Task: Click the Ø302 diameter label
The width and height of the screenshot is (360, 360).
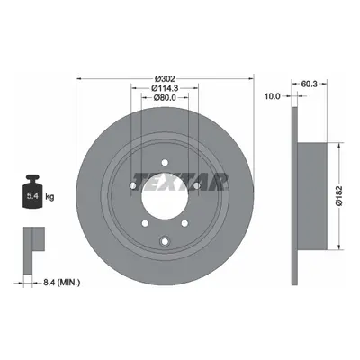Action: (165, 79)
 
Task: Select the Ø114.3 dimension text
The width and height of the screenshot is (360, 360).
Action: (165, 88)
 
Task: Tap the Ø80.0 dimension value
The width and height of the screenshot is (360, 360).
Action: (165, 97)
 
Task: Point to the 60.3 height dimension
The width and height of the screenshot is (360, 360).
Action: (309, 84)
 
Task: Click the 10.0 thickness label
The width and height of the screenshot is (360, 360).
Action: (272, 96)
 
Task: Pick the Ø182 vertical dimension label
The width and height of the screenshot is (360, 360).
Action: (339, 196)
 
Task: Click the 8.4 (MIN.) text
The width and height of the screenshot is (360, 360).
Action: (62, 282)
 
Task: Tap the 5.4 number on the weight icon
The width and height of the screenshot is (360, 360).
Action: (32, 196)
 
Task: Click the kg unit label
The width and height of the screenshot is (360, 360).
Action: (49, 197)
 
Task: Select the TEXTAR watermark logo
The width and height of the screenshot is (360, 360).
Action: (180, 182)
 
